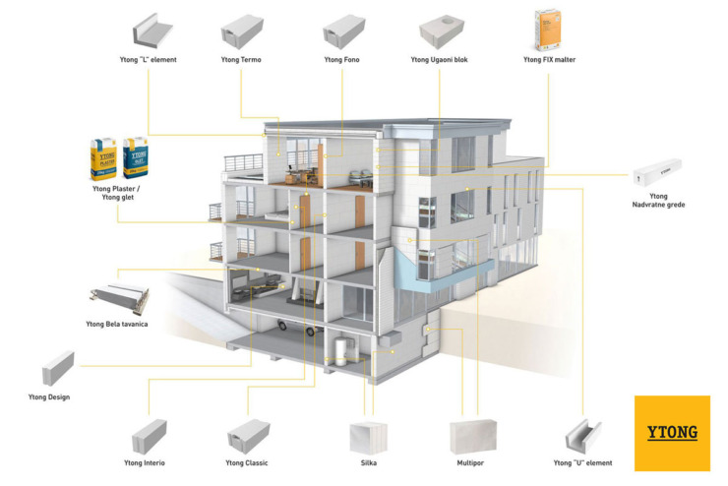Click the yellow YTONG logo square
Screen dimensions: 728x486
[672, 433]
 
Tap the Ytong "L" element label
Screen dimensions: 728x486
[149, 60]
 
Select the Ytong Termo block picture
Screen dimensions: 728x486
[242, 31]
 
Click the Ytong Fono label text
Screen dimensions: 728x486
[341, 60]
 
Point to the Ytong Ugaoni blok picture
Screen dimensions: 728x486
[442, 31]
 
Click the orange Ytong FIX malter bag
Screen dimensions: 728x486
[548, 30]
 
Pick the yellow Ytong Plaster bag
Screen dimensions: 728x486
[103, 158]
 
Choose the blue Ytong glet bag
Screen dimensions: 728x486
[136, 157]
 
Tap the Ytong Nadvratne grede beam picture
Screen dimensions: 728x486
[657, 172]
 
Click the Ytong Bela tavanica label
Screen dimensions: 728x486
[117, 324]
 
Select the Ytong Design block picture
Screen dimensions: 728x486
[58, 368]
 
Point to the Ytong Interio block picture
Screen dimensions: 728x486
[149, 437]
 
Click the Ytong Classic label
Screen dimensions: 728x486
[247, 462]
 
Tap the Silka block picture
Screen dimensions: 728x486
[368, 438]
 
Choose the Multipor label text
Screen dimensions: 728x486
[470, 462]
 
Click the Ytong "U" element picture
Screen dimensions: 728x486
[583, 437]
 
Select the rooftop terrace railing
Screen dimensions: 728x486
[243, 163]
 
